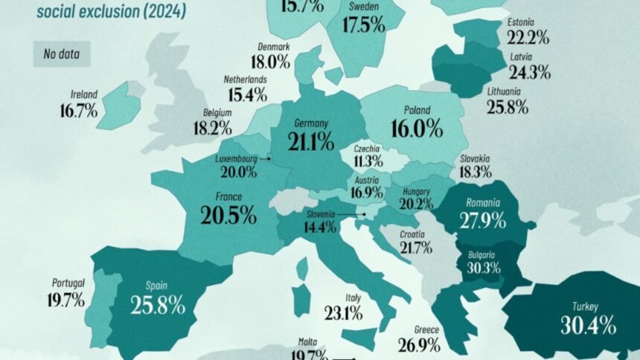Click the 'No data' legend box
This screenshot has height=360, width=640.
point(61,54)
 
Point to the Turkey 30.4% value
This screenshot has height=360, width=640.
point(588,324)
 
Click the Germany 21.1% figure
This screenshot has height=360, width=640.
point(306,141)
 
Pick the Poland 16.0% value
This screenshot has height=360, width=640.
point(415,129)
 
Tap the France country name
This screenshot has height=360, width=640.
point(229,199)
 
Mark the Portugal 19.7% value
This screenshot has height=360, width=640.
point(68,300)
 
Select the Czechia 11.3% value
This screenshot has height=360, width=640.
point(368,160)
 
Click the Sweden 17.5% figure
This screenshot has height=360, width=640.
point(364,24)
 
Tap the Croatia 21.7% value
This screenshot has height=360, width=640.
point(415,247)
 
